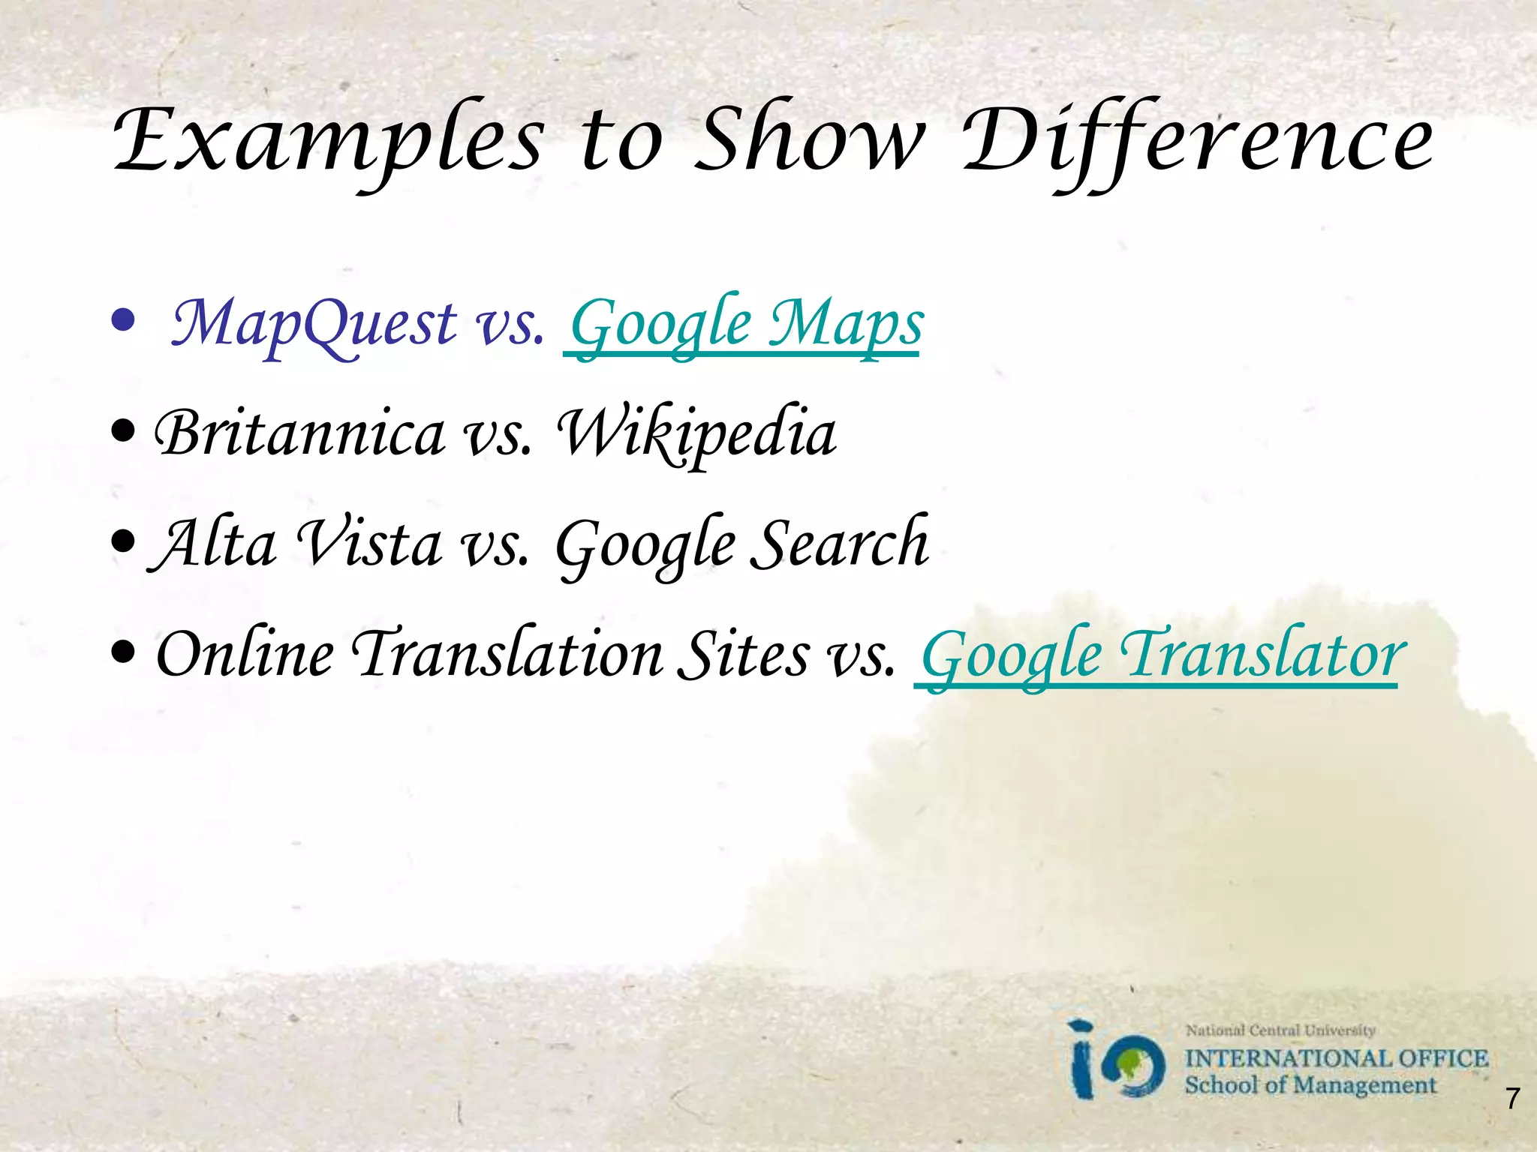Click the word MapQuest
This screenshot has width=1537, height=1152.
pos(314,324)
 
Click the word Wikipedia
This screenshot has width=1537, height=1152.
pos(696,433)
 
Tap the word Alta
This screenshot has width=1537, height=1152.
pos(215,544)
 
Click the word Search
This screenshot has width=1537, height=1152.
pos(840,544)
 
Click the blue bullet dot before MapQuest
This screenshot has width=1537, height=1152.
pos(122,322)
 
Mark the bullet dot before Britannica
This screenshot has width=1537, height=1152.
pos(122,431)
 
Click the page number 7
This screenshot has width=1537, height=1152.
pos(1512,1098)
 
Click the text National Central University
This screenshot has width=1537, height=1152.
pos(1280,1030)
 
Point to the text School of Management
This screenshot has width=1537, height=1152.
pos(1310,1084)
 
